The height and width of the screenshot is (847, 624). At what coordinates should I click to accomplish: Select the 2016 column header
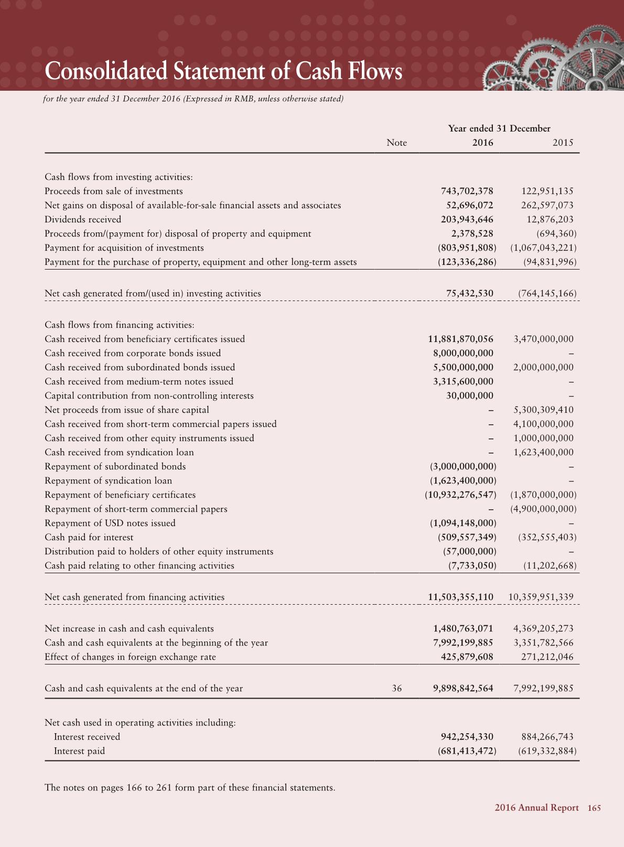(x=482, y=143)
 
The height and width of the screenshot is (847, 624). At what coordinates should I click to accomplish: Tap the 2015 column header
(x=563, y=143)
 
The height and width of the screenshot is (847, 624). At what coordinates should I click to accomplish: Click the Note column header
(x=396, y=143)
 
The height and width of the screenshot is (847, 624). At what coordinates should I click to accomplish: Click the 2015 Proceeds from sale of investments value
(x=547, y=191)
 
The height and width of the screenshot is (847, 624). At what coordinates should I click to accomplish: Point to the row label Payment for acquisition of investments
(x=124, y=248)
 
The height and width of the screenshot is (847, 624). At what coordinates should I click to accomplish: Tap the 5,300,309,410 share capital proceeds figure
(x=543, y=410)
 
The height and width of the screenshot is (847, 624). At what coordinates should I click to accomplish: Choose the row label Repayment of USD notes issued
(x=110, y=523)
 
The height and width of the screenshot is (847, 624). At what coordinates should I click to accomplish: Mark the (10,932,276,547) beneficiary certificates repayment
(x=460, y=495)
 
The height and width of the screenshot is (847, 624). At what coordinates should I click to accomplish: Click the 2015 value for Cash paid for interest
(x=547, y=537)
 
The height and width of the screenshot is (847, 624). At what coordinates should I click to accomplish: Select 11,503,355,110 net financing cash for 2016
(x=460, y=597)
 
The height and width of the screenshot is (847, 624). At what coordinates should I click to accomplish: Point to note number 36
(x=397, y=688)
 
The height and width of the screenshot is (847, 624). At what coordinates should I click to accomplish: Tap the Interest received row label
(x=87, y=737)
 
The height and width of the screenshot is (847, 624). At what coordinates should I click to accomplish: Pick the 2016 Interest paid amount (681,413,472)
(x=467, y=751)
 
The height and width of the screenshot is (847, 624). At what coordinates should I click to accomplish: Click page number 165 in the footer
(x=594, y=808)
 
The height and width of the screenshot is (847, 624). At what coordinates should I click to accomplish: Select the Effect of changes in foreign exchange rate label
(x=130, y=657)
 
